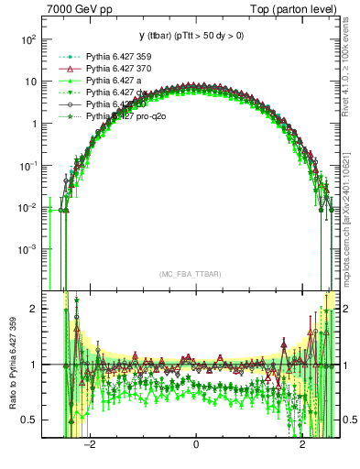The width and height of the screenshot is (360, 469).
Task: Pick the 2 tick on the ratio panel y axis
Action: pos(34,309)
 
